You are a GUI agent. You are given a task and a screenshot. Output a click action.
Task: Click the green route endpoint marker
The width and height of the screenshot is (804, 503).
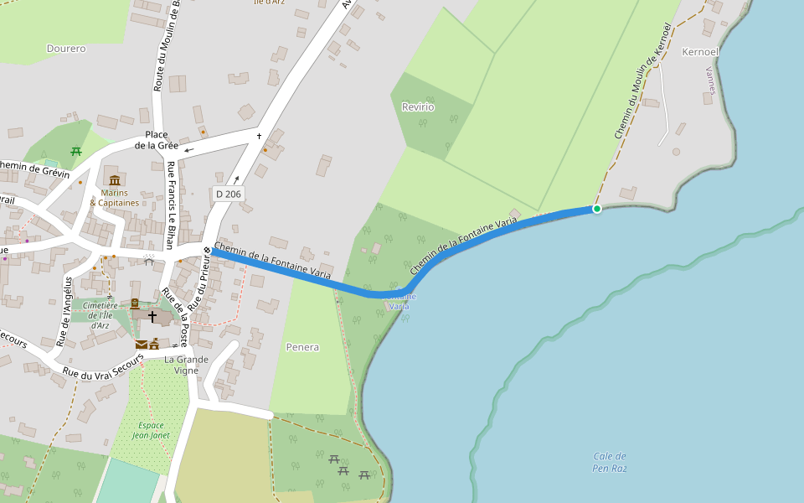click(x=597, y=209)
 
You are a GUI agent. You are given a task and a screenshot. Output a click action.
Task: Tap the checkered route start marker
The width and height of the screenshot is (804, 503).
click(x=207, y=250)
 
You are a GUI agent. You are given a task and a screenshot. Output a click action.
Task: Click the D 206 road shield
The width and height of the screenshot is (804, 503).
click(x=228, y=194)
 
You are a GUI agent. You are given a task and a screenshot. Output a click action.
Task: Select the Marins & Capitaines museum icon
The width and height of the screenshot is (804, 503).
click(x=114, y=180)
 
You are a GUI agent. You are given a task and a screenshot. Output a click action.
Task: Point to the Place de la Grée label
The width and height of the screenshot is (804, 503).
click(x=157, y=140)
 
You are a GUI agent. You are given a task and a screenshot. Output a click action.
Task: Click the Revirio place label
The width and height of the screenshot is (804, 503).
click(x=418, y=106)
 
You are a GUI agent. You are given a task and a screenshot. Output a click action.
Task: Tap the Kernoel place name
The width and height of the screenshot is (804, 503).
click(x=701, y=51)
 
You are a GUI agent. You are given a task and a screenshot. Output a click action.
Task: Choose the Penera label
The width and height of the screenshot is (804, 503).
click(x=302, y=346)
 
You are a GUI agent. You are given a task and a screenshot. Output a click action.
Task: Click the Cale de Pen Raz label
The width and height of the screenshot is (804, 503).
click(x=610, y=462)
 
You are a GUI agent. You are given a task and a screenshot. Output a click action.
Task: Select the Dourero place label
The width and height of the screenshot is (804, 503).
click(x=66, y=49)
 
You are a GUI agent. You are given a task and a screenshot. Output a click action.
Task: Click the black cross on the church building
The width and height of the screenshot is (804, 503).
click(x=152, y=316)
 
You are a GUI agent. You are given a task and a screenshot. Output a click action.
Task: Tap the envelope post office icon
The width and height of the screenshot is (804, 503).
click(x=142, y=344)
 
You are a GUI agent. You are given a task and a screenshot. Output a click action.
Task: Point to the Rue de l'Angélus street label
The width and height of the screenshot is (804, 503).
click(x=64, y=310)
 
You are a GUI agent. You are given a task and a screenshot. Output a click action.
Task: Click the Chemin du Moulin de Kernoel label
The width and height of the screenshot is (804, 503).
click(x=642, y=80)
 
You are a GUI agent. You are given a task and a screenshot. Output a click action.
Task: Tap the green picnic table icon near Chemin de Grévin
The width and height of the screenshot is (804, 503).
click(x=76, y=152)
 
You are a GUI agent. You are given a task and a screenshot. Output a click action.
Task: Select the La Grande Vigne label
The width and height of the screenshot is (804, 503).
click(x=186, y=365)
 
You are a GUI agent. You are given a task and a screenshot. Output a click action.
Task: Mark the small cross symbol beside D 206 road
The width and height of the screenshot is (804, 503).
click(x=260, y=136)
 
